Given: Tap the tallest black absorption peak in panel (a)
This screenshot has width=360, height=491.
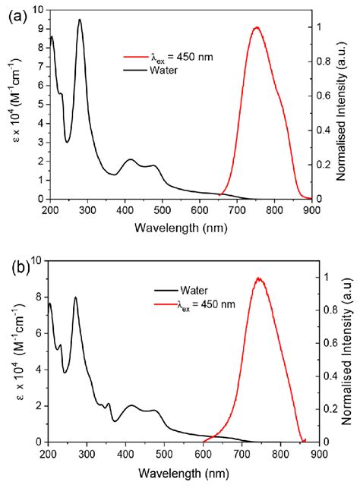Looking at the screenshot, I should click(80, 20).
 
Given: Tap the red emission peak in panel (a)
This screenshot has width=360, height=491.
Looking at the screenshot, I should click(257, 28).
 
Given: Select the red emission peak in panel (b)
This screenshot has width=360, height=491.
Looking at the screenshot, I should click(260, 279).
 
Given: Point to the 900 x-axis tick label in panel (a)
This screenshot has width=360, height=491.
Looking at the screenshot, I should click(311, 209).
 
